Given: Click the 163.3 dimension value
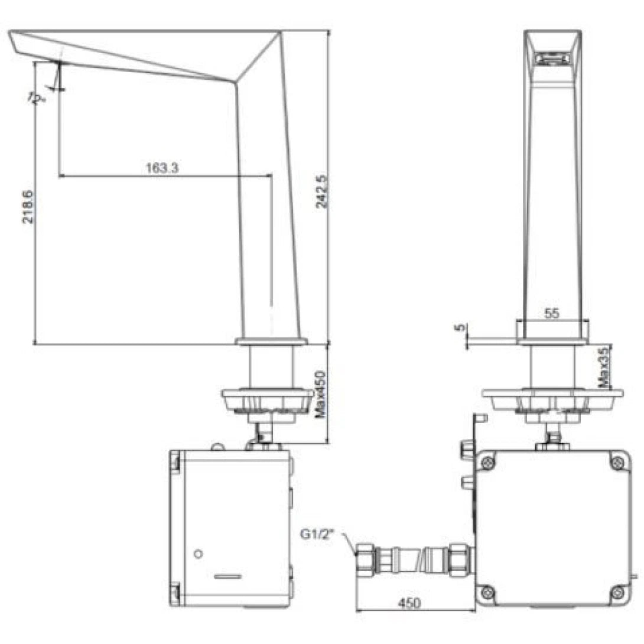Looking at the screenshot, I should click(162, 167).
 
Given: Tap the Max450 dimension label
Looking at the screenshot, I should click(320, 395).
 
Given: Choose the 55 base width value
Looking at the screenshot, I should click(551, 314).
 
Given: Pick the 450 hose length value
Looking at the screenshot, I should click(409, 603).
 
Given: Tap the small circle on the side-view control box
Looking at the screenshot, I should click(199, 554).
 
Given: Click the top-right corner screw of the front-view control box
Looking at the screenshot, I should click(617, 464).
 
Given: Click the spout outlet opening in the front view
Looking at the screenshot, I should click(552, 58).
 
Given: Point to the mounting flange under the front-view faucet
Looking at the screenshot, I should click(552, 394).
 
